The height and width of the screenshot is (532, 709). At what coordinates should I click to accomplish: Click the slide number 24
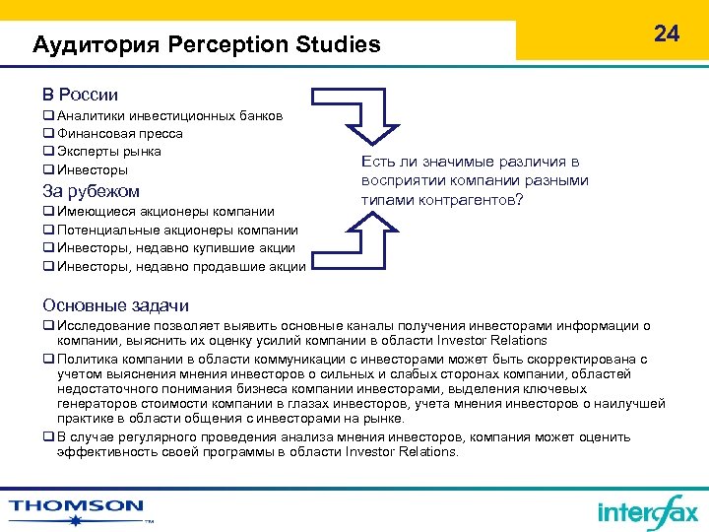pos(667,33)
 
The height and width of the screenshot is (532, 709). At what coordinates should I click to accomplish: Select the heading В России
pos(80,95)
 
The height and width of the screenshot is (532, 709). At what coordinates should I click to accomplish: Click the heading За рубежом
pos(91,191)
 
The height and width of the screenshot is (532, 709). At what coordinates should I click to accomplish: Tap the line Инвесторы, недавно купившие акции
pos(173,247)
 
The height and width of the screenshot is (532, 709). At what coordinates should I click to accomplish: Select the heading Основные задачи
pos(115,305)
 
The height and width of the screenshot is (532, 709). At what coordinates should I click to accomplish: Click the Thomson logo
pos(77,508)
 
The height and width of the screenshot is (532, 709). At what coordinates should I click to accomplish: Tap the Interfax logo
pos(647,511)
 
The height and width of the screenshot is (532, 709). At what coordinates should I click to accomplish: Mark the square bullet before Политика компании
pos(47,360)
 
